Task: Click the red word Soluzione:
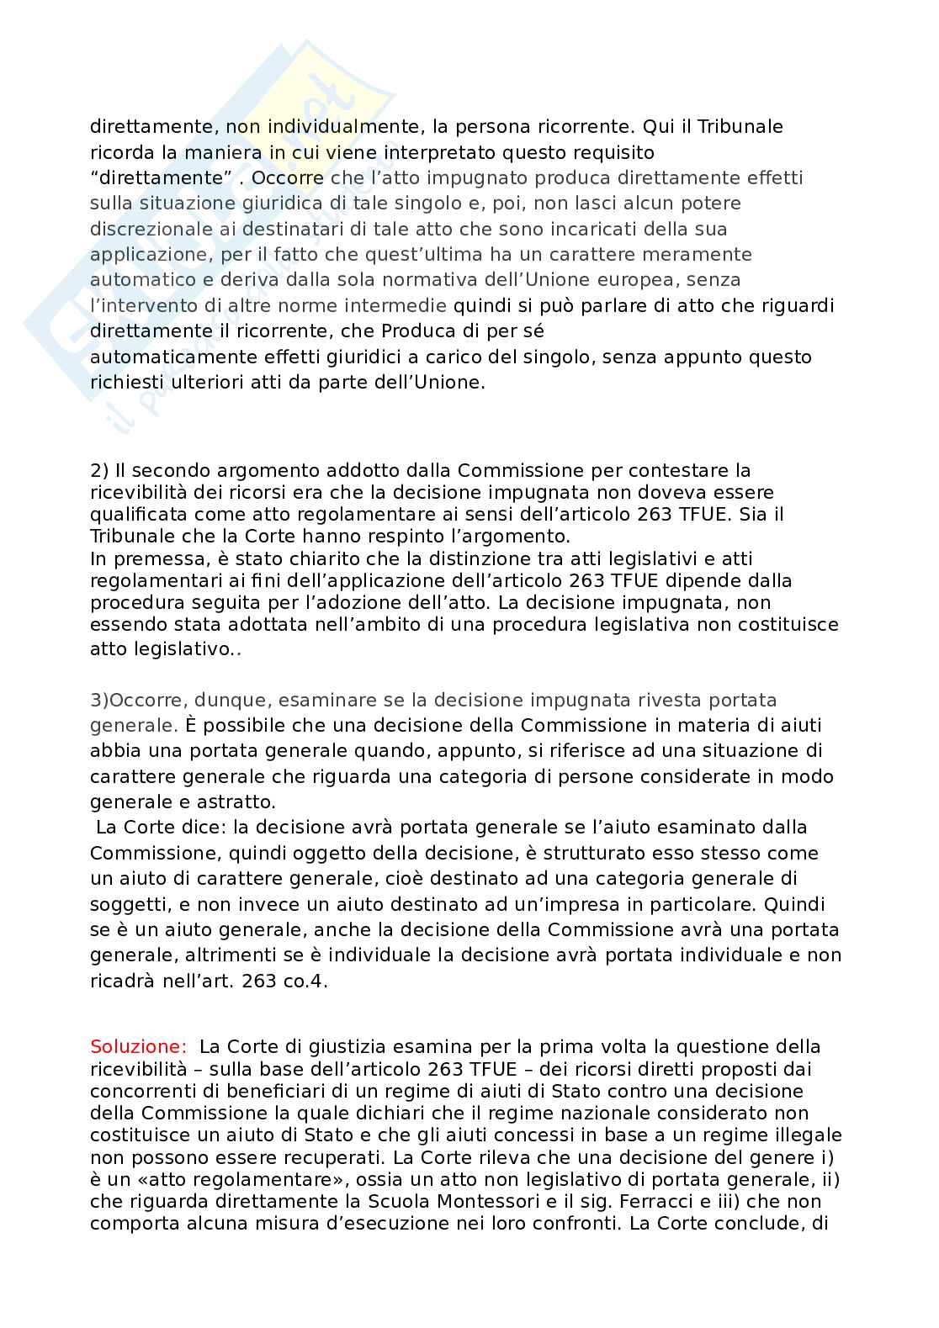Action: coord(138,1047)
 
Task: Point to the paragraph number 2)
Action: coord(100,470)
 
